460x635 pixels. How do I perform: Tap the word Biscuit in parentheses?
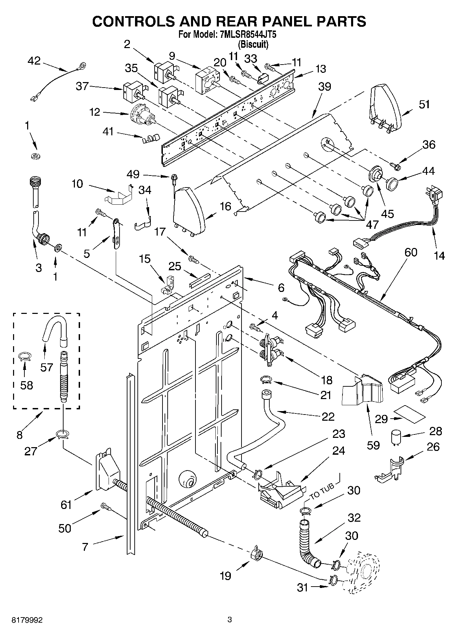tap(253, 44)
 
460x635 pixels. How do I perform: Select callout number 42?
tap(34, 61)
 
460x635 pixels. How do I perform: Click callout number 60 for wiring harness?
tap(411, 252)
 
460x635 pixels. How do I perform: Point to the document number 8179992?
tap(27, 620)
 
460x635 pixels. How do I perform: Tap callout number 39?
tap(324, 87)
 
